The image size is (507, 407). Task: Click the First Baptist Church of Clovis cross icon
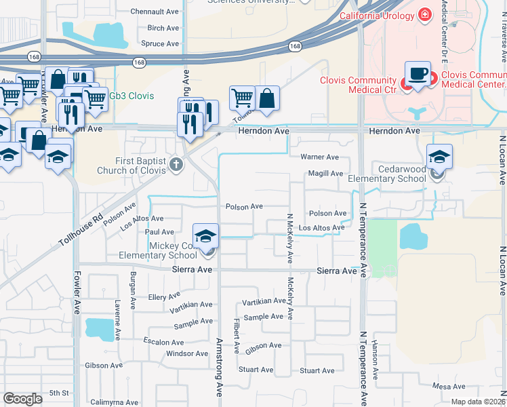[x=176, y=163]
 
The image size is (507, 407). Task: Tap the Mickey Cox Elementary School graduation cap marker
[x=205, y=237]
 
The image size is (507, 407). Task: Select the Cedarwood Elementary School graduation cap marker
[x=439, y=157]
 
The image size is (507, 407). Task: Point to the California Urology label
[x=377, y=14]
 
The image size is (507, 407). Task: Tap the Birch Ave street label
[x=163, y=28]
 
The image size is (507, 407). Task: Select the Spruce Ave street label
[x=161, y=44]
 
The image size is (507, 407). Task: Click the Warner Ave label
[x=319, y=157]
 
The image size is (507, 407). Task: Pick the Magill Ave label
[x=325, y=174]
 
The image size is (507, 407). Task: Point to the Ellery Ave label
[x=163, y=296]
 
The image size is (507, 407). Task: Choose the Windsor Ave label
[x=186, y=353]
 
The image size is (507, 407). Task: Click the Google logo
[x=22, y=399]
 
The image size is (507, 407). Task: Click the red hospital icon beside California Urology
[x=425, y=14]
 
